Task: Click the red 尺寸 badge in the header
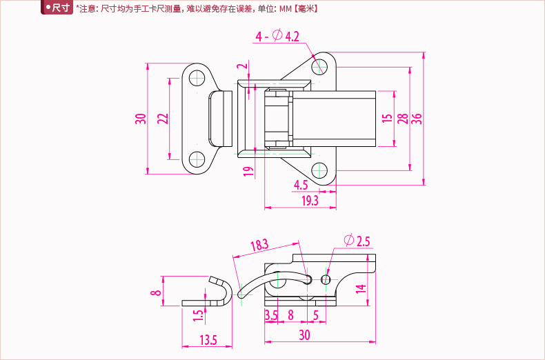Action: click(57, 8)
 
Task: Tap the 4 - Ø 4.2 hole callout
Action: click(277, 36)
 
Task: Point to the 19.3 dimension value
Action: click(310, 200)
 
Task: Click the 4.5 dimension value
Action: click(301, 184)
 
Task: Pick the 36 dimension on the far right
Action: click(416, 118)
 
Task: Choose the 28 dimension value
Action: click(402, 118)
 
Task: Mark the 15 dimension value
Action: click(386, 118)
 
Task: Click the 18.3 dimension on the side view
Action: click(259, 245)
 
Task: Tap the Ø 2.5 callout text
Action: click(357, 241)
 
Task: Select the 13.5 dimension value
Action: click(208, 339)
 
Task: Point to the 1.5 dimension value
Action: click(199, 315)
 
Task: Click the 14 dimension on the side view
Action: click(361, 289)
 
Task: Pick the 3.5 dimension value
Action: click(270, 315)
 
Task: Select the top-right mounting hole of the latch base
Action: click(318, 66)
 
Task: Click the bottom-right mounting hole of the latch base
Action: click(318, 170)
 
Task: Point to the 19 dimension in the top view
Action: click(248, 171)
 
